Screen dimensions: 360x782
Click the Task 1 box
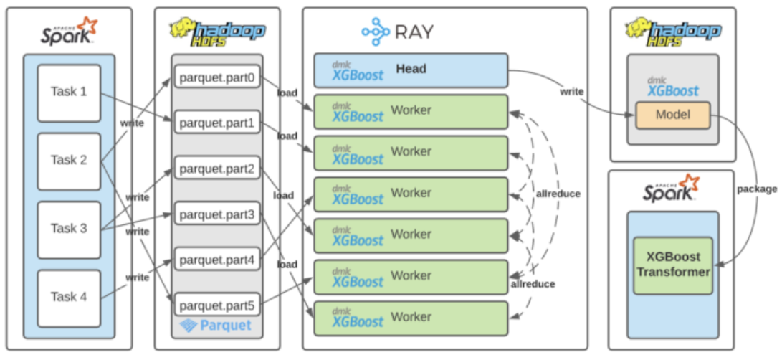coord(69,93)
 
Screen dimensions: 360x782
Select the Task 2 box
coord(69,161)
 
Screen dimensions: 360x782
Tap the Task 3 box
coord(69,229)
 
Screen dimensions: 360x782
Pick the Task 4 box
coord(69,297)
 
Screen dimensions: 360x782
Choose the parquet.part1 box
coord(216,123)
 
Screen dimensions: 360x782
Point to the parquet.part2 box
coord(216,169)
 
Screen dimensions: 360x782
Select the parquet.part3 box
coord(216,214)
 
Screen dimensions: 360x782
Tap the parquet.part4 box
coord(216,260)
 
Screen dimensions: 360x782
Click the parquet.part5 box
coord(216,305)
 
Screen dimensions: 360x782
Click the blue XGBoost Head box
coord(410,70)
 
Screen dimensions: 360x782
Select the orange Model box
coord(672,115)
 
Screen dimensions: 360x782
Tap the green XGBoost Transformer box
coord(672,265)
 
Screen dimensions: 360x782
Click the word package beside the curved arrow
coord(757,189)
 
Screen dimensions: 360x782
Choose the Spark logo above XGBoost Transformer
coord(671,187)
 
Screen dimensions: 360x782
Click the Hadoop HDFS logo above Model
coord(673,29)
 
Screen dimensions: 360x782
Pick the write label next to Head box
coord(571,92)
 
